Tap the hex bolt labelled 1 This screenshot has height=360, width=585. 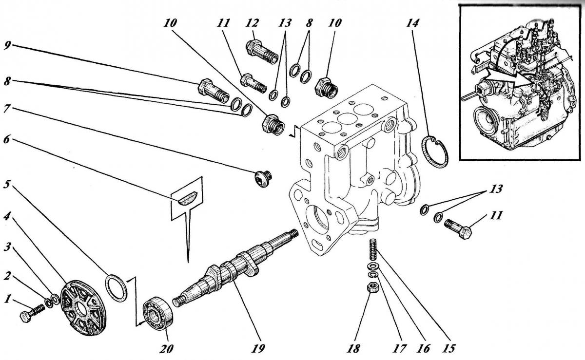(x=32, y=313)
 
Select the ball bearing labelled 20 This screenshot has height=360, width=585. (x=158, y=312)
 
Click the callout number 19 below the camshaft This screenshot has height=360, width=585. (x=258, y=348)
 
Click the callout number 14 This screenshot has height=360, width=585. (x=412, y=23)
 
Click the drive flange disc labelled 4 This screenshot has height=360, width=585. (x=83, y=307)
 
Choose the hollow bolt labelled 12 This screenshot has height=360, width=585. (x=262, y=52)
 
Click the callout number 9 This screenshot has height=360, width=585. (x=8, y=46)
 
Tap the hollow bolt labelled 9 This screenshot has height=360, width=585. (x=214, y=91)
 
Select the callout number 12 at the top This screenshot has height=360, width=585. (x=252, y=23)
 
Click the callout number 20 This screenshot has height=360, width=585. (x=166, y=348)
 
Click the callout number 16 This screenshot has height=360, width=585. (x=424, y=348)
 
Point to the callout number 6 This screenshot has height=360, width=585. (x=6, y=139)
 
